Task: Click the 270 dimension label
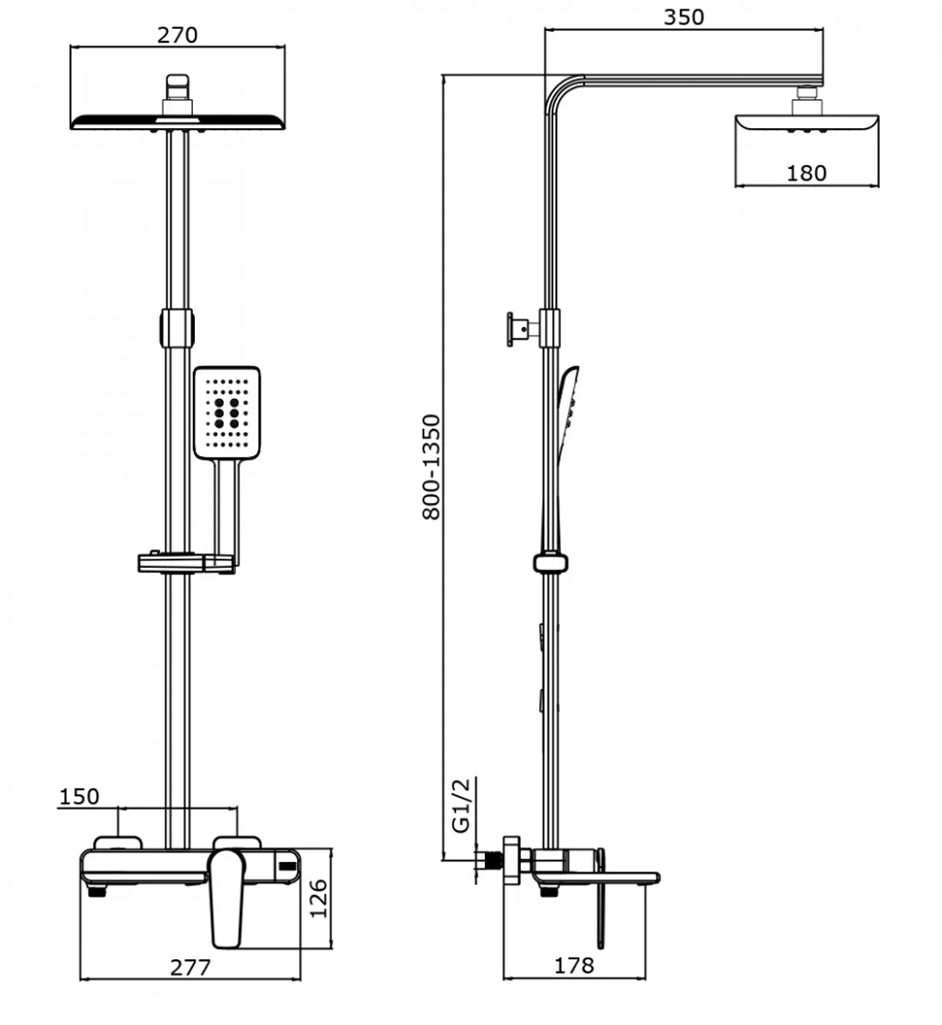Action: (178, 35)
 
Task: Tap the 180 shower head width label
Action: (806, 173)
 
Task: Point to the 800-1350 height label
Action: (432, 466)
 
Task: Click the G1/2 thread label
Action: (460, 805)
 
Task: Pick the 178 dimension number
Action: (574, 965)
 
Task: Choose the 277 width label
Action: (190, 968)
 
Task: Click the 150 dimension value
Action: (79, 796)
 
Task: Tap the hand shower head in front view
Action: (225, 412)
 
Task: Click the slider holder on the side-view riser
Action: (552, 562)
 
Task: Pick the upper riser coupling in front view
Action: (176, 327)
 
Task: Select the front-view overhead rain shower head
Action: (178, 121)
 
